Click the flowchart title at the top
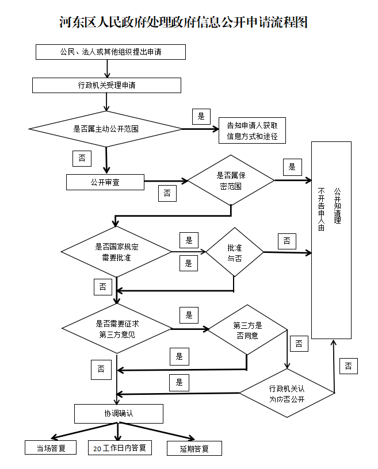184,22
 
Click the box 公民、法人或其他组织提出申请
110,52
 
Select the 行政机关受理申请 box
106,85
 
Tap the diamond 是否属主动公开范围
106,129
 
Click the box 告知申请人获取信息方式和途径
252,130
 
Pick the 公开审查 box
105,182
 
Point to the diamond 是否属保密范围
231,180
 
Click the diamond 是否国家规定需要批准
116,252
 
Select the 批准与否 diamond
235,252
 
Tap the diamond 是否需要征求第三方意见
117,329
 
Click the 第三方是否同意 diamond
247,330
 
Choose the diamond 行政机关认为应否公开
287,393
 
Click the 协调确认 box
119,414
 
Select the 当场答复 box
51,448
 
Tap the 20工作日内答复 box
120,448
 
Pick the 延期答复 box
194,448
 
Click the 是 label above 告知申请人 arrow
201,116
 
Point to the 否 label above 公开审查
82,159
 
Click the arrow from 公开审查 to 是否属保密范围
166,181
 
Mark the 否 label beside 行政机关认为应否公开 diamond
349,366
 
